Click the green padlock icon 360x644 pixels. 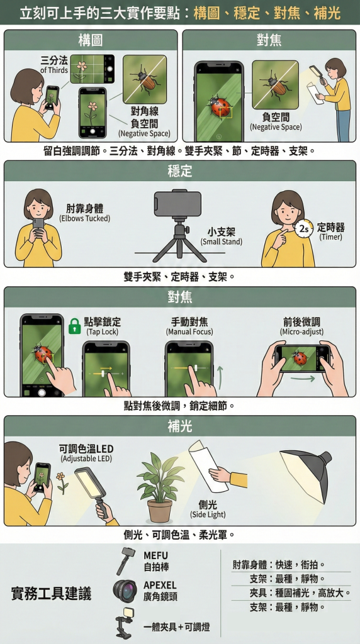click(x=74, y=326)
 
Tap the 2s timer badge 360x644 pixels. click(x=304, y=229)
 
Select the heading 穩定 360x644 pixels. click(x=179, y=171)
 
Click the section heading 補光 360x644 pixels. click(x=179, y=426)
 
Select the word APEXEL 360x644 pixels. click(x=160, y=586)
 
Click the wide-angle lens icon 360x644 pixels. click(x=125, y=591)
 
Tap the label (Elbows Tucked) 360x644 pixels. click(x=85, y=218)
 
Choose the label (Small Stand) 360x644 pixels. click(x=221, y=242)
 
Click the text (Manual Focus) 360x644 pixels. click(x=189, y=331)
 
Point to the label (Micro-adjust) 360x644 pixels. click(x=301, y=331)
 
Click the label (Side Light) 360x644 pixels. click(x=208, y=514)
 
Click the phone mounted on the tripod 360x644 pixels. click(x=177, y=204)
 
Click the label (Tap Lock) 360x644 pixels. click(x=103, y=331)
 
